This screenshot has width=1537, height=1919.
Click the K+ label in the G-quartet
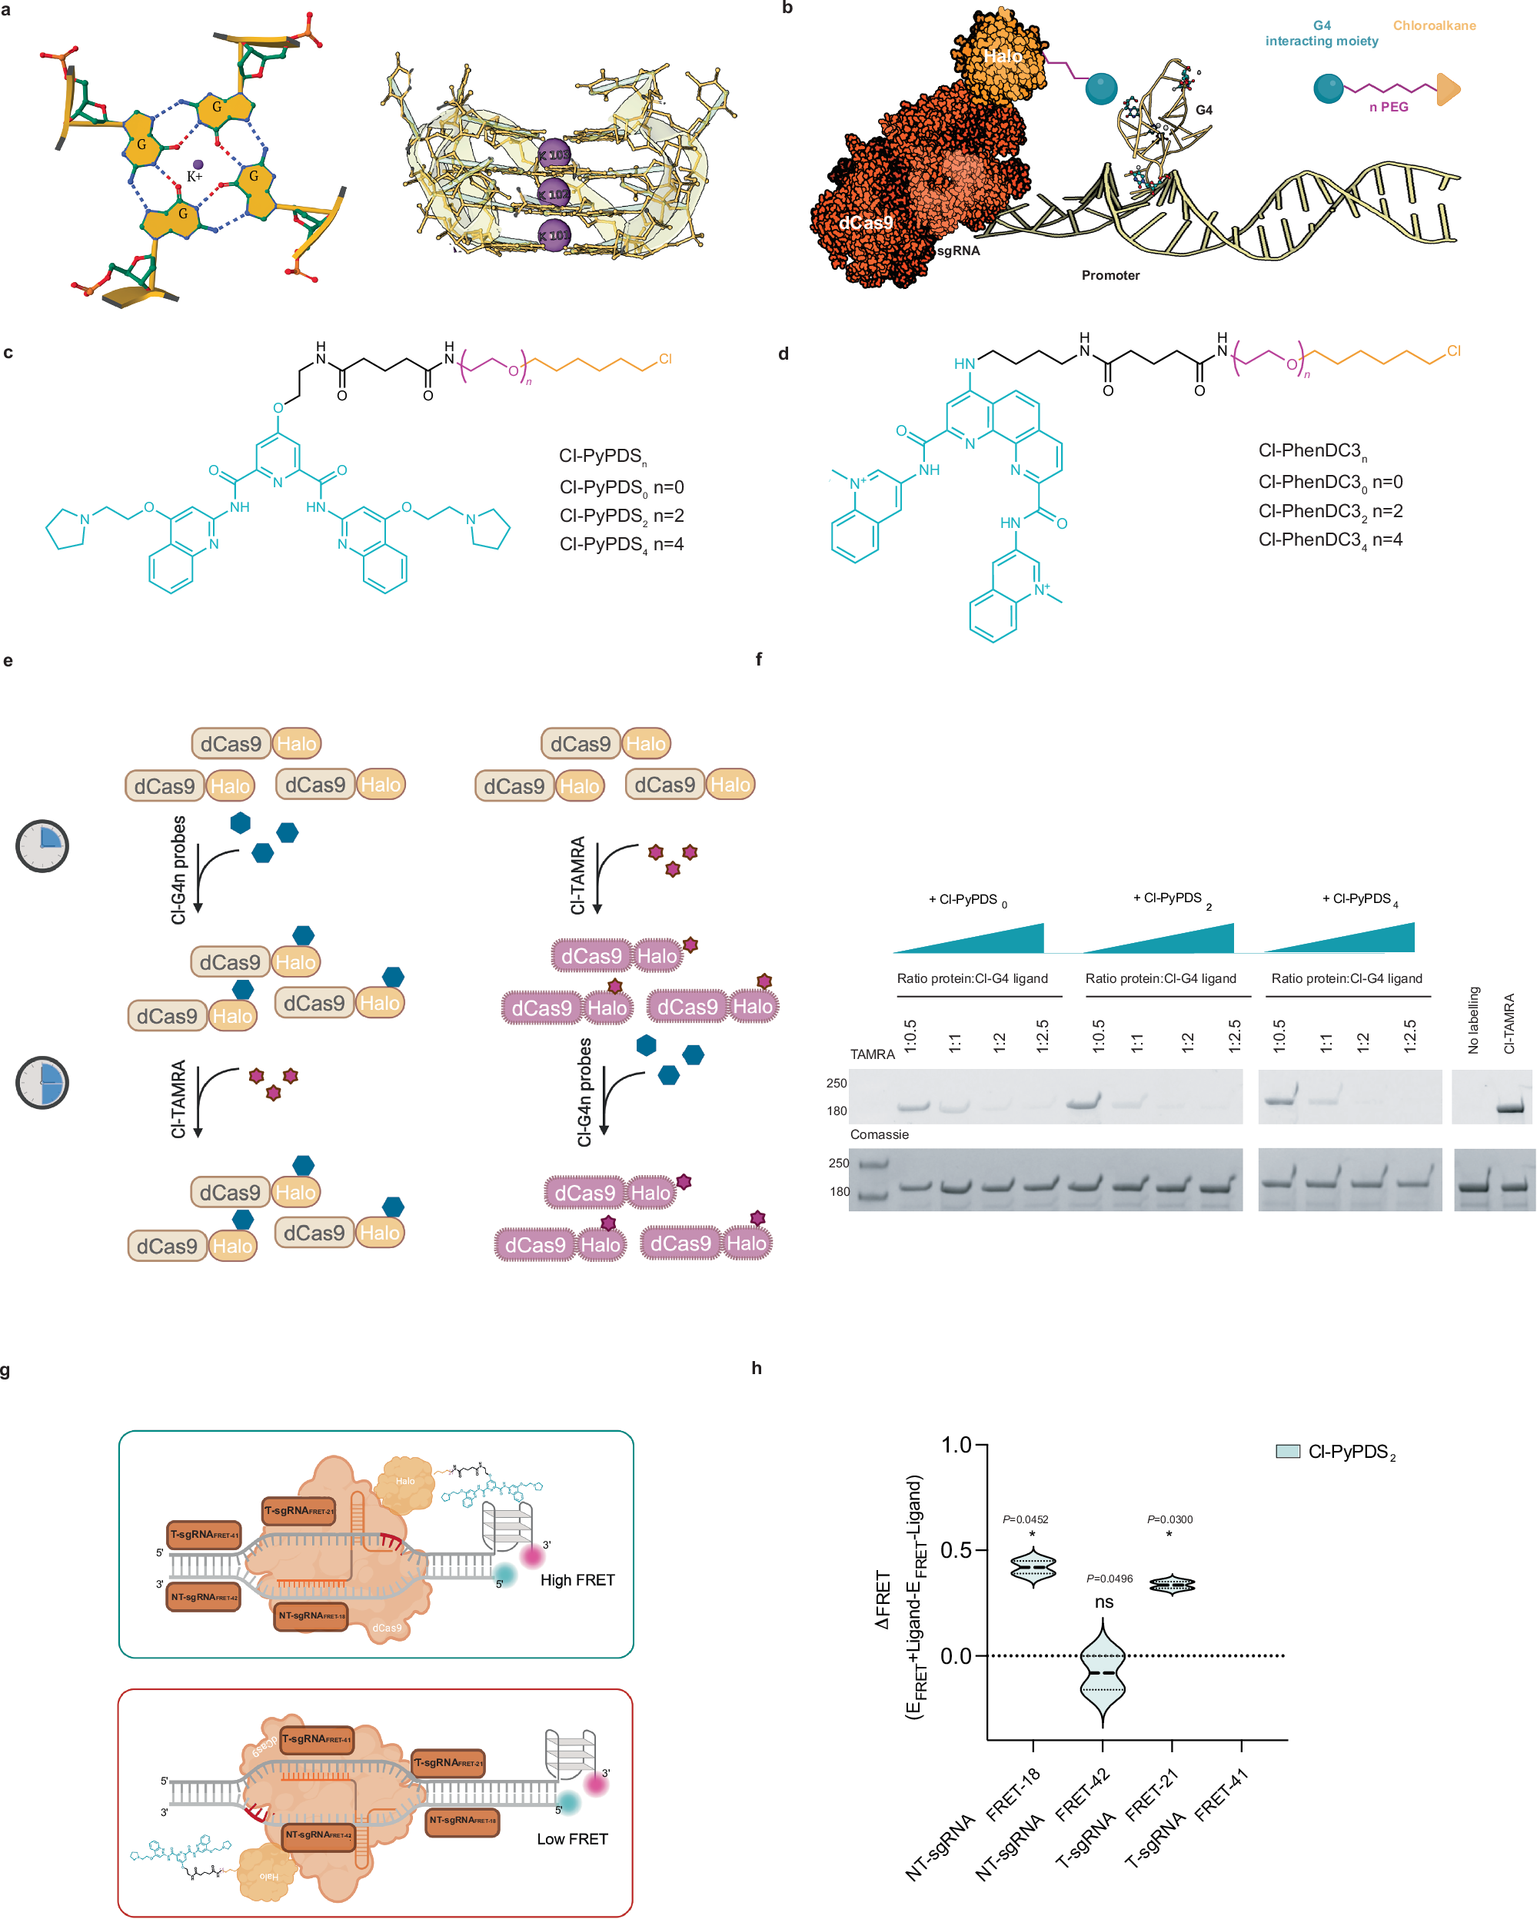pos(194,176)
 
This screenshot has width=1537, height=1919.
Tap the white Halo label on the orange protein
pos(1003,56)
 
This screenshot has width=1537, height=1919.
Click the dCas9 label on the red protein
pos(866,223)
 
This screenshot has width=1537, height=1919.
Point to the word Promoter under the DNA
pos(1110,275)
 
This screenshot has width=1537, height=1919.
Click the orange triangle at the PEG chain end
pos(1448,89)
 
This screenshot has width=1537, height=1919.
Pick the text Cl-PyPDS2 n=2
pos(620,516)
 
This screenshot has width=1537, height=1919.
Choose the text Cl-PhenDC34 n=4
pos(1329,540)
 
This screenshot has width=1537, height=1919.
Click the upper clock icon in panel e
pos(42,845)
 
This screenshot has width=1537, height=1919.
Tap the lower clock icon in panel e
pos(42,1082)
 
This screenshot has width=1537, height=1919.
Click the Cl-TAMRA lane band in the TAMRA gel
pos(1510,1109)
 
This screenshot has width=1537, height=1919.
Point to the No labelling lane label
pos(1473,1020)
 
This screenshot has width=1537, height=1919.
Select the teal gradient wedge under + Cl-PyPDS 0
pos(980,940)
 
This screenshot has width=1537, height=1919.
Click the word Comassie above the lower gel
pos(879,1134)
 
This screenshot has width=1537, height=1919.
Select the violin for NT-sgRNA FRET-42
pos(1103,1673)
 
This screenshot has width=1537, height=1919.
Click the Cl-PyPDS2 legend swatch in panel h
pos(1288,1451)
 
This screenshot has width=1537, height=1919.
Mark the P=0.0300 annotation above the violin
pos(1169,1519)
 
